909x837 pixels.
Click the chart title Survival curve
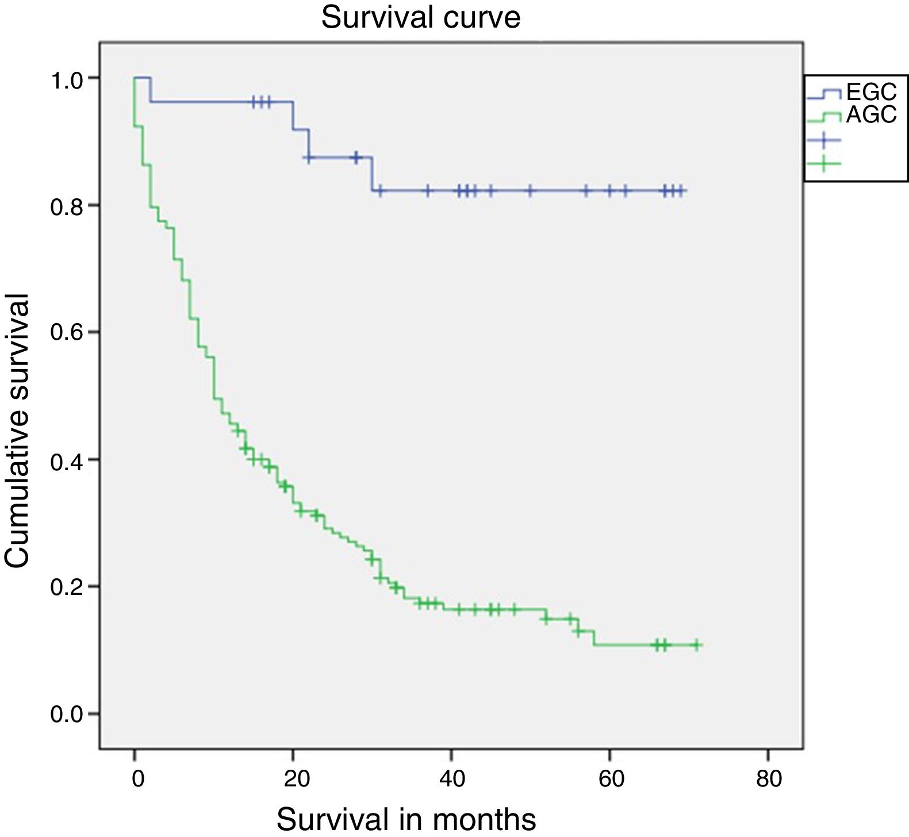click(x=420, y=17)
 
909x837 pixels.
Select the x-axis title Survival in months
click(x=406, y=819)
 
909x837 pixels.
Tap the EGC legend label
click(x=871, y=92)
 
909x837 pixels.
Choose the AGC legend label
click(x=871, y=115)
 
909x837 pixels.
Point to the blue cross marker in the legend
click(x=823, y=140)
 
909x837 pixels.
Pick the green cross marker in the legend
click(x=823, y=164)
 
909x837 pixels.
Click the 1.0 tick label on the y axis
click(x=67, y=79)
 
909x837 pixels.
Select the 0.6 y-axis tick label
click(x=67, y=333)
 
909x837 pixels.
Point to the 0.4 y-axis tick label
click(x=67, y=461)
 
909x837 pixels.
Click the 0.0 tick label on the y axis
click(x=67, y=715)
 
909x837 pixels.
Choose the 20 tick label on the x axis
click(x=297, y=779)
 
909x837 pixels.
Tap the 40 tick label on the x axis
click(x=452, y=779)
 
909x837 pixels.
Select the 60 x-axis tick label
click(x=611, y=779)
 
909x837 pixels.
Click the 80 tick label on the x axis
click(x=769, y=779)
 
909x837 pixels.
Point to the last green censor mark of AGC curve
click(x=696, y=645)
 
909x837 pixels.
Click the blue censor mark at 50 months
click(x=531, y=190)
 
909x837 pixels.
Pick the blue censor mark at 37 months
click(x=427, y=190)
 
